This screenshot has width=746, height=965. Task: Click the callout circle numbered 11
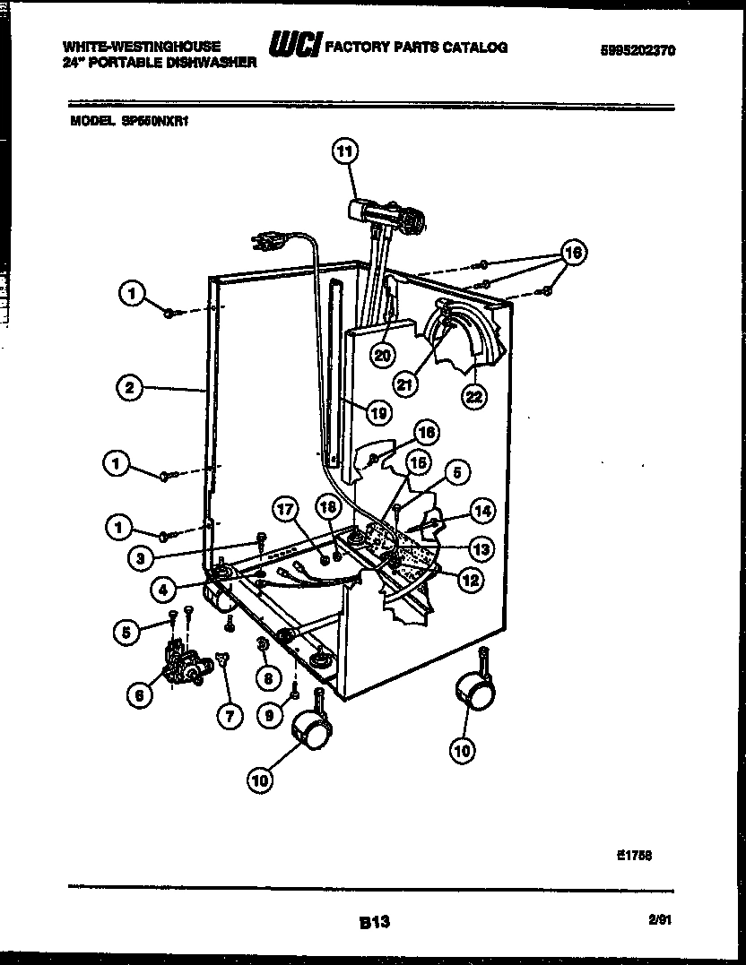[x=345, y=151]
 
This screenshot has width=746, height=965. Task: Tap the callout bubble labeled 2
[x=131, y=388]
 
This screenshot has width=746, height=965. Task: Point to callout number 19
[x=378, y=412]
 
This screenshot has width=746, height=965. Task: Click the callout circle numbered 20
[x=384, y=354]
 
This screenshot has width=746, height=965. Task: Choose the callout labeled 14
[x=481, y=511]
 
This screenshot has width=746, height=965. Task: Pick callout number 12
[x=470, y=580]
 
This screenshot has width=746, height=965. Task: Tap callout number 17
[x=285, y=512]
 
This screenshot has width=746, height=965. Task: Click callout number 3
[x=139, y=556]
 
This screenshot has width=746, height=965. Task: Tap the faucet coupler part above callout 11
[x=386, y=214]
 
